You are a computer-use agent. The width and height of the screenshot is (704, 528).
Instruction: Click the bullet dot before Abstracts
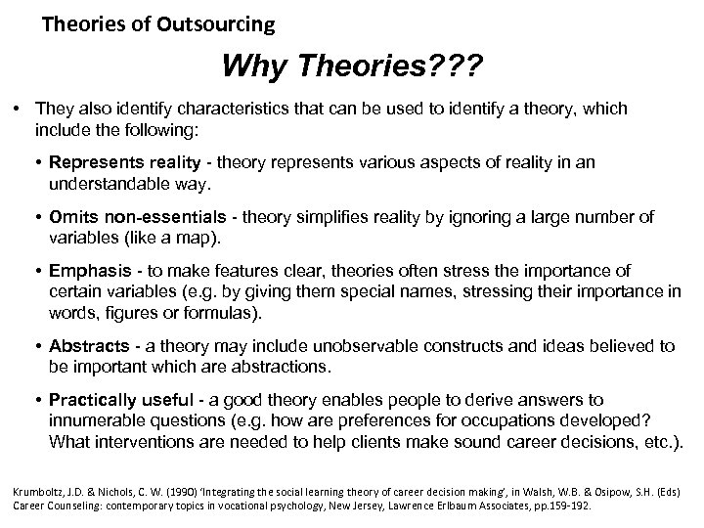[39, 347]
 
